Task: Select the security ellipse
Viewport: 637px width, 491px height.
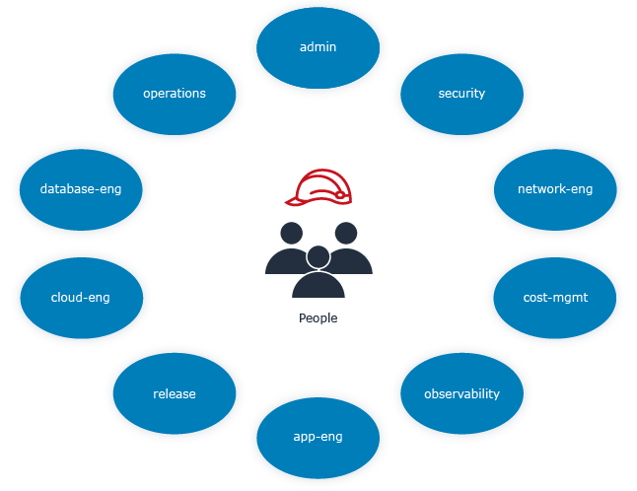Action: (x=461, y=94)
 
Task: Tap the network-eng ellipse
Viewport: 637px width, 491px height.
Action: (x=555, y=188)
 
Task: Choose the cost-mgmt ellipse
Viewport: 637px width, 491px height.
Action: (x=555, y=296)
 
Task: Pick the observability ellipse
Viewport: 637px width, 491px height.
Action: (x=461, y=393)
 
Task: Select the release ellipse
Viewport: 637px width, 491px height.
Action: (x=175, y=393)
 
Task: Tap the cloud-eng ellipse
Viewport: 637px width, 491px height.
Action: (x=81, y=296)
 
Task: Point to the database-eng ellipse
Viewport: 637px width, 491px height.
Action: (x=81, y=188)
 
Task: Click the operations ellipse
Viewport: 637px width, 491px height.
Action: (x=175, y=94)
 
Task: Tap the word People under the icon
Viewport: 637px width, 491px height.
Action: (x=318, y=318)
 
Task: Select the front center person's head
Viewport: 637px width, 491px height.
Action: (x=318, y=257)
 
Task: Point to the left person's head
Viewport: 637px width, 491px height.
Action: (x=291, y=234)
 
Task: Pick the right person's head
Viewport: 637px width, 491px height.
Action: (x=345, y=234)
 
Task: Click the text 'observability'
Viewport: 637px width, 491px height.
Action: (x=461, y=393)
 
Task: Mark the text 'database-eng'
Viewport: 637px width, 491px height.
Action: (x=81, y=188)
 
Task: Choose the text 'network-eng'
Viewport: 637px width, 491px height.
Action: (x=555, y=188)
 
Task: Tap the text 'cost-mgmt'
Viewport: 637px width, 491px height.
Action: (x=555, y=296)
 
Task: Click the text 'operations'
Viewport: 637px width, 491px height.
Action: (x=175, y=94)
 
